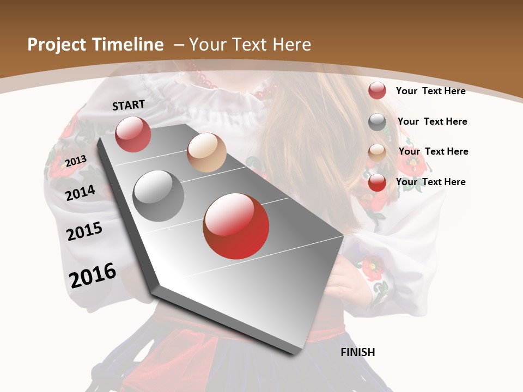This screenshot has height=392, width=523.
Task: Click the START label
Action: [129, 105]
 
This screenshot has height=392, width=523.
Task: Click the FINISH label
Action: [357, 352]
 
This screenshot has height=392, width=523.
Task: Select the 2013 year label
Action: [76, 161]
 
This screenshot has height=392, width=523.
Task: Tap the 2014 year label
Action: [80, 193]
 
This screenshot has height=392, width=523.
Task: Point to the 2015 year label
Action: [84, 231]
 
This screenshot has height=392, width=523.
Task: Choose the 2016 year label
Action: [93, 275]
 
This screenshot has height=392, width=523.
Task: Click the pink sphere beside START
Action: [133, 134]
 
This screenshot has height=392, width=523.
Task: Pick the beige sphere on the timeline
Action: [206, 152]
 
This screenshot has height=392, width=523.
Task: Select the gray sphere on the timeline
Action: [159, 195]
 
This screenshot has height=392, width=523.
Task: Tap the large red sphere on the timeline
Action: [236, 226]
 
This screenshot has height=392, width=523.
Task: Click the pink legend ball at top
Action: [377, 90]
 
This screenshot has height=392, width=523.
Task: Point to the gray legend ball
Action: [377, 122]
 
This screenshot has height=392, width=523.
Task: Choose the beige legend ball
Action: [377, 152]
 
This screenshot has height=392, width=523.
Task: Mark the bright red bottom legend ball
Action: [377, 182]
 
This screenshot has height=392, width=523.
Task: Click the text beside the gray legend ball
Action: [432, 121]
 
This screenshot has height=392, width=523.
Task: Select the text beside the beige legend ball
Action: [433, 151]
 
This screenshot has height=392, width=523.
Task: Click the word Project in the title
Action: [57, 45]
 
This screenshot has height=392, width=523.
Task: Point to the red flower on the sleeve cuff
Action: [373, 268]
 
